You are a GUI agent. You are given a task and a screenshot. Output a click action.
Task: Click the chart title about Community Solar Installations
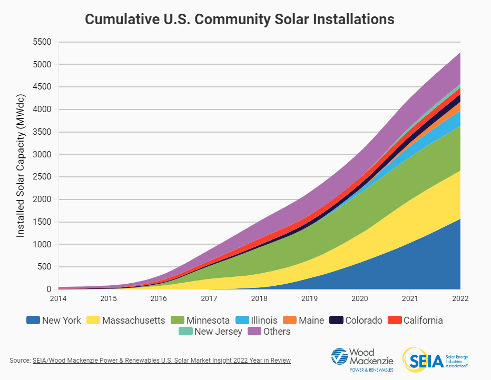pos(240,19)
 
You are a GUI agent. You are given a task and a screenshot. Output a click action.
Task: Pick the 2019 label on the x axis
pos(309,299)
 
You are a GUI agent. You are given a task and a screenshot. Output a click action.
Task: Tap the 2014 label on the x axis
pos(58,299)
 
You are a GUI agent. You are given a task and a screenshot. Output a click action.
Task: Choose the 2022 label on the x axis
pos(460,299)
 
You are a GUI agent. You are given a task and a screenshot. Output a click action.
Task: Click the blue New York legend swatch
pos(33,320)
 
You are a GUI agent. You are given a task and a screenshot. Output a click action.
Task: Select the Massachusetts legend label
pos(134,320)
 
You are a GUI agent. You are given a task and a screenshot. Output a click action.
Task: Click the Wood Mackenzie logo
pos(362,359)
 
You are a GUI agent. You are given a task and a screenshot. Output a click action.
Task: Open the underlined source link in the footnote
pos(161,361)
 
